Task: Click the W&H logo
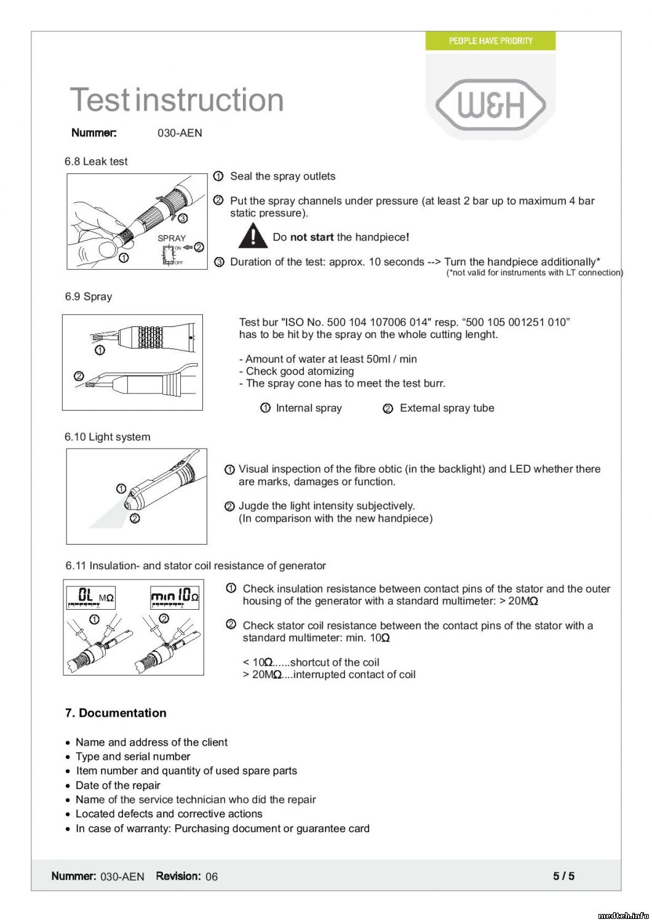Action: click(490, 104)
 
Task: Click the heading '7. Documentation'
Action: click(116, 713)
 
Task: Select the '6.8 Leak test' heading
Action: click(96, 162)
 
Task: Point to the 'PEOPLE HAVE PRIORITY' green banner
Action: click(490, 41)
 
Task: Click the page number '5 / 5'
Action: click(563, 876)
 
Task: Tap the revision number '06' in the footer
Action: click(212, 877)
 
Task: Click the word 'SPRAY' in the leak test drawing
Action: click(172, 238)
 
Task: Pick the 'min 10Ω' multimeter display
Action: click(175, 596)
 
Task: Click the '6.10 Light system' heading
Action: click(107, 437)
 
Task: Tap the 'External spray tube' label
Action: click(447, 408)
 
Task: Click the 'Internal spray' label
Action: click(309, 408)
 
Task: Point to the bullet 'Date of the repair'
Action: click(117, 786)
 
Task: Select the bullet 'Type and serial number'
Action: click(133, 757)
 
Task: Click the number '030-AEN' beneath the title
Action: click(180, 133)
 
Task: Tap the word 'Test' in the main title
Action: click(100, 100)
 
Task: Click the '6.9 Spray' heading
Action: click(89, 296)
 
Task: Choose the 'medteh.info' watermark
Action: click(623, 915)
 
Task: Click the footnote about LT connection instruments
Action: click(535, 273)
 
